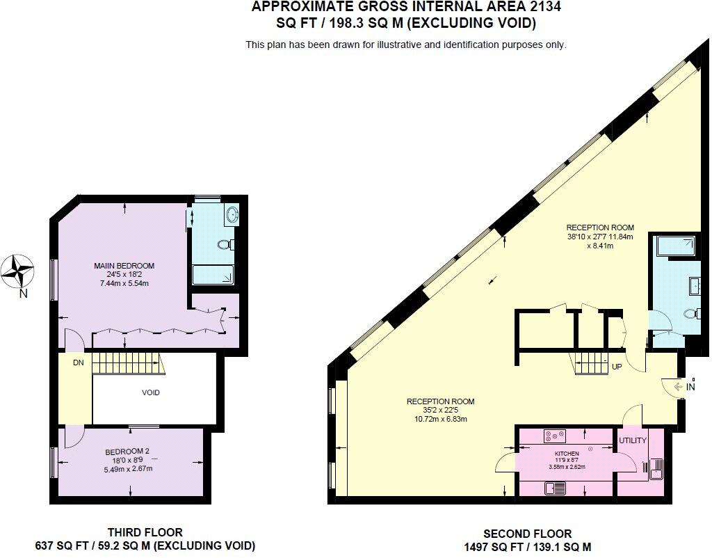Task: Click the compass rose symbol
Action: point(18,271)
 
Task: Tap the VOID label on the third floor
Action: point(151,392)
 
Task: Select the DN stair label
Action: point(78,362)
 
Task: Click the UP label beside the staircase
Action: point(617,367)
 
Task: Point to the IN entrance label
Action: point(690,387)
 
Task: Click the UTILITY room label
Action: point(633,440)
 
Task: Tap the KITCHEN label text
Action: point(567,454)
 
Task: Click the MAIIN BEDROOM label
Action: point(124,266)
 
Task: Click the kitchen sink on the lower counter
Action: point(556,488)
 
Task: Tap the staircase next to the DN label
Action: point(125,362)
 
